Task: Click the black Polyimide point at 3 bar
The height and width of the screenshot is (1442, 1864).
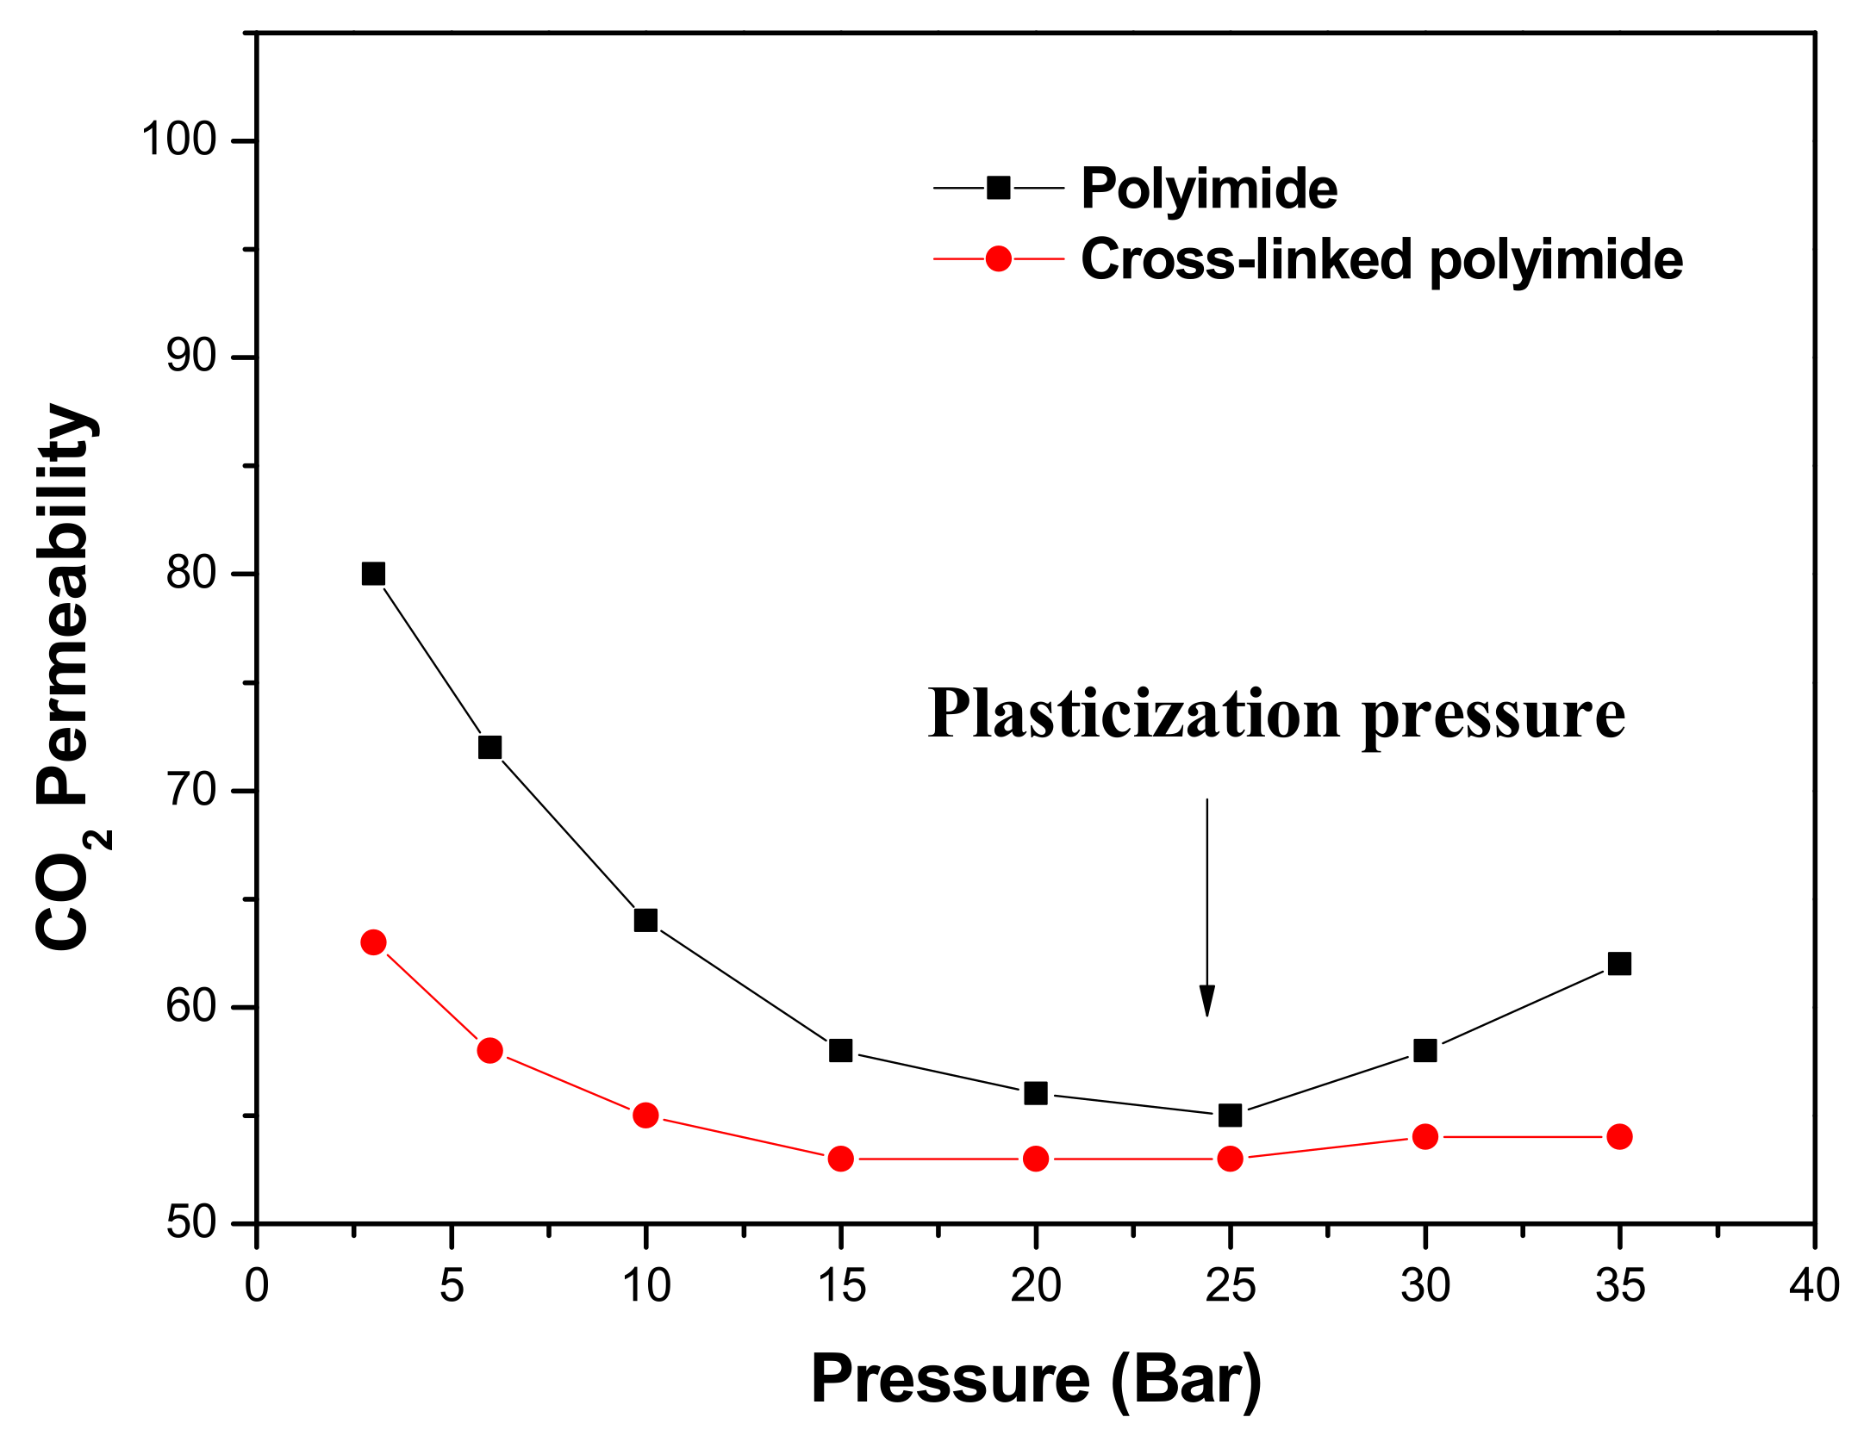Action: click(x=373, y=574)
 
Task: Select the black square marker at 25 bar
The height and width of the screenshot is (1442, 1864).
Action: click(x=1231, y=1116)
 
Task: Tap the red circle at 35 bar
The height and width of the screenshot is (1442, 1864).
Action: click(x=1619, y=1137)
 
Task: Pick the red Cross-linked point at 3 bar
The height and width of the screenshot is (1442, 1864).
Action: click(x=373, y=942)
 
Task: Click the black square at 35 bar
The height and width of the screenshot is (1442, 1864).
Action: click(x=1619, y=964)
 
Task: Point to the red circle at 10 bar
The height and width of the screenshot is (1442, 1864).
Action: click(x=645, y=1116)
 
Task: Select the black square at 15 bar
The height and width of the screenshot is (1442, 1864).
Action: click(x=840, y=1051)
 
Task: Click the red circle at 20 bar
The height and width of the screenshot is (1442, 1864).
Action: click(x=1036, y=1159)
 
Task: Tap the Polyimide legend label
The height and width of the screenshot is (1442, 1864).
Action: click(x=1208, y=189)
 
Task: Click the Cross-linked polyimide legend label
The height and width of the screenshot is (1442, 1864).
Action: click(x=1381, y=259)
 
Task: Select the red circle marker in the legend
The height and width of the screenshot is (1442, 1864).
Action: click(x=998, y=258)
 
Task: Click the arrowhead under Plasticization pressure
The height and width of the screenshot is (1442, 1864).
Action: click(x=1207, y=1001)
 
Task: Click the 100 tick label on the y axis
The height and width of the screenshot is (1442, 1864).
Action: click(x=178, y=140)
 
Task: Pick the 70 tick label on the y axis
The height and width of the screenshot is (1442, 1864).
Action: click(x=191, y=790)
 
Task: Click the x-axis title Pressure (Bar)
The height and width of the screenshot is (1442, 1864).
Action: click(x=1036, y=1380)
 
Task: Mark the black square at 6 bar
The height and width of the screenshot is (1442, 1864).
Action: click(x=489, y=747)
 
